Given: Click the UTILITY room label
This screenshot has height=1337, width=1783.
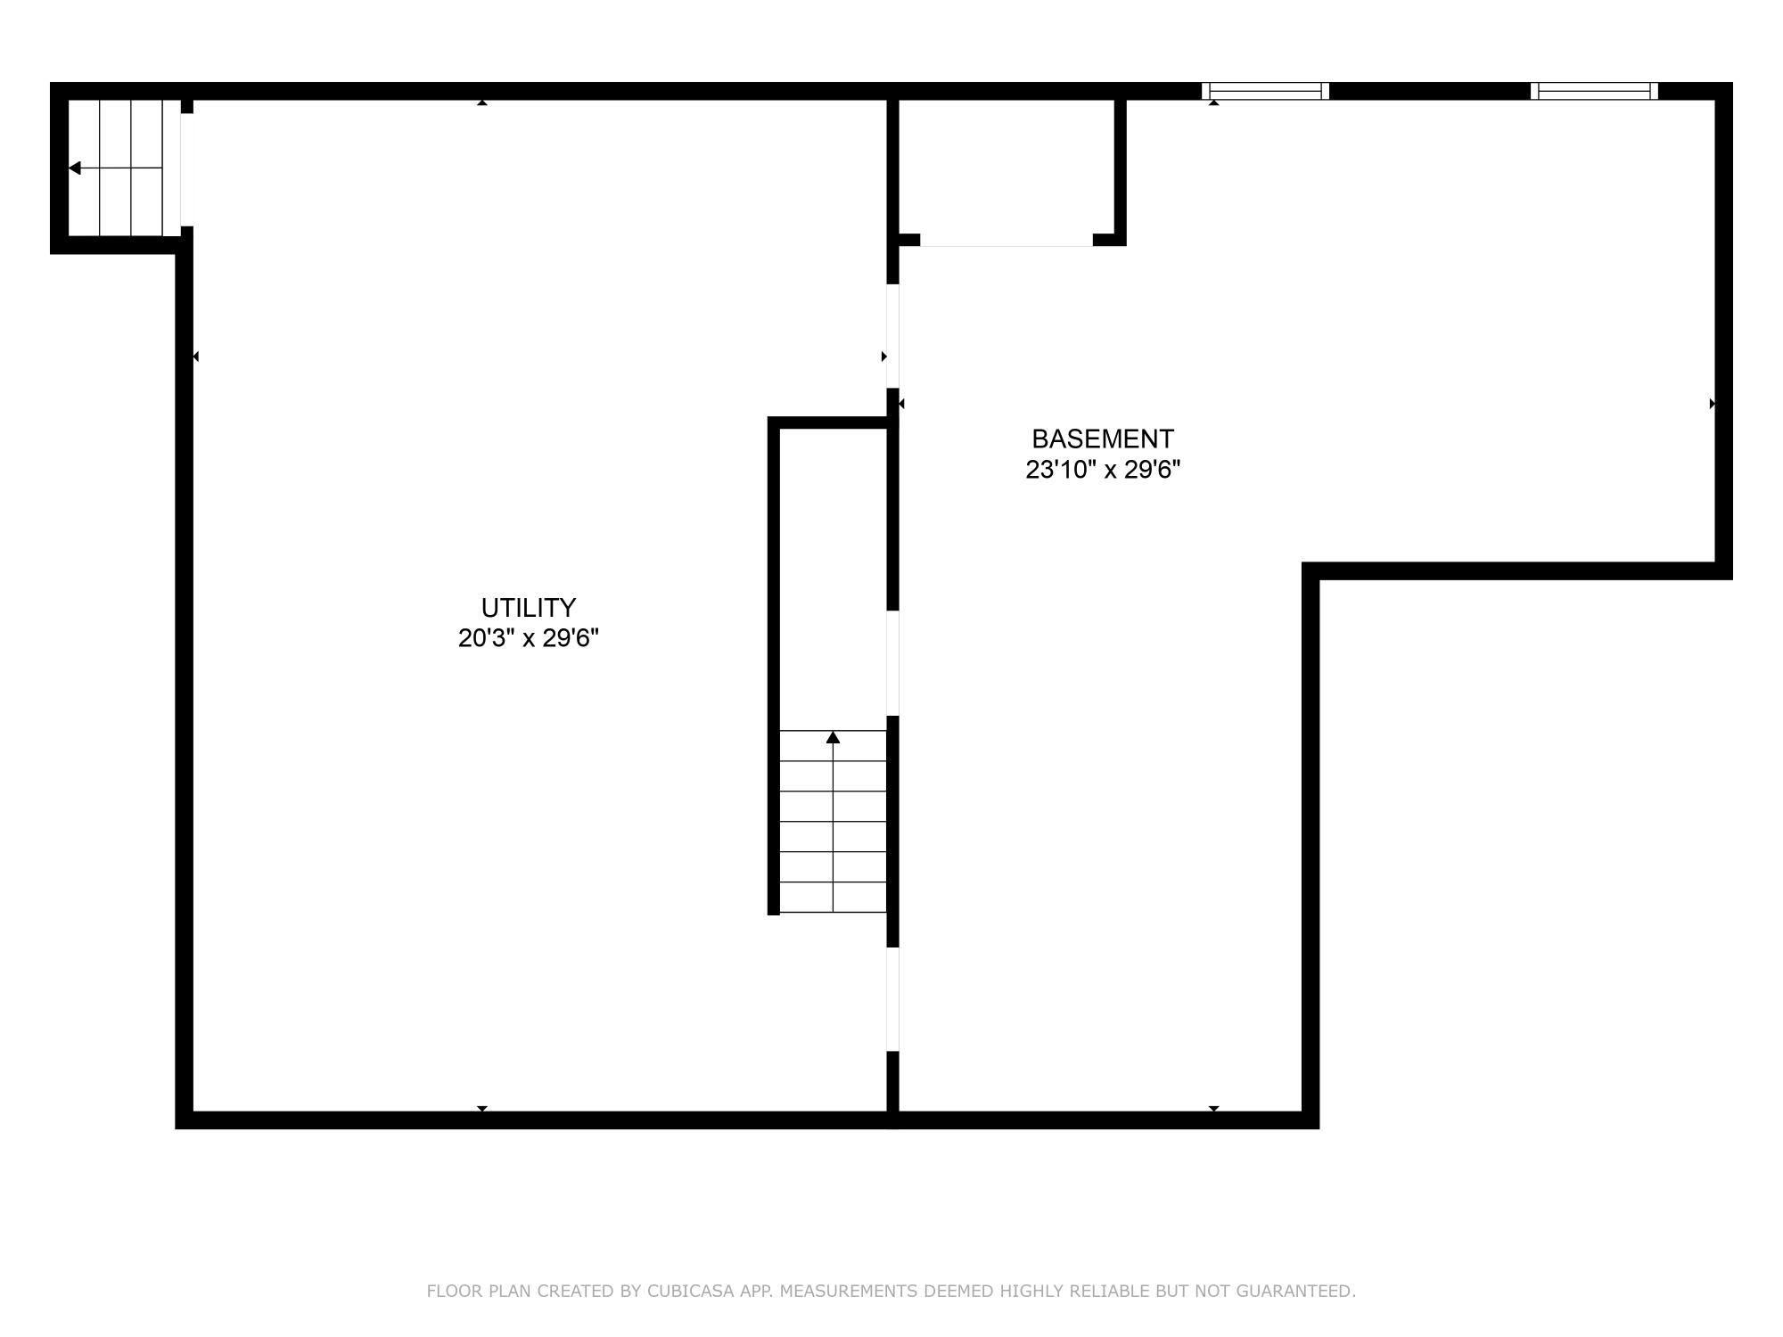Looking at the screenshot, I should click(x=528, y=608).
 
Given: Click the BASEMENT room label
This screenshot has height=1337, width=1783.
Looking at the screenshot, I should click(x=1102, y=439).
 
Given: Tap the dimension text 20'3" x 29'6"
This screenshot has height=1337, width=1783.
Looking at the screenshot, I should click(x=528, y=638).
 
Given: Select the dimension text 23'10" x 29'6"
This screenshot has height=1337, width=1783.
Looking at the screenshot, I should click(x=1102, y=470).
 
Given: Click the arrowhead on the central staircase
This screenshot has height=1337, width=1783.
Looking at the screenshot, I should click(x=833, y=737).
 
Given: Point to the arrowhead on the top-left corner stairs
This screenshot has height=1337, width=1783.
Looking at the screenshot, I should click(x=75, y=168).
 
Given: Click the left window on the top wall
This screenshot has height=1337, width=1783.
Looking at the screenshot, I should click(x=1265, y=91).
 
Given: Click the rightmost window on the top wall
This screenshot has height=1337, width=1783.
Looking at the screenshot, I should click(x=1594, y=91).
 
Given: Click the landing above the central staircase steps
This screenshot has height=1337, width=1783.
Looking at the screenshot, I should click(x=833, y=579).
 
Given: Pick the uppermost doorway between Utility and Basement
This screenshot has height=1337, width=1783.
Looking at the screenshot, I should click(x=892, y=336).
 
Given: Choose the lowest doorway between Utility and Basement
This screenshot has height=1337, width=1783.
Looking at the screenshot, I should click(x=892, y=999).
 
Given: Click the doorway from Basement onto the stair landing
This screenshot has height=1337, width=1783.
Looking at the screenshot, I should click(x=892, y=663).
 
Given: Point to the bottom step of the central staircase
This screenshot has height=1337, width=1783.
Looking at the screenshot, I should click(x=833, y=898).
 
